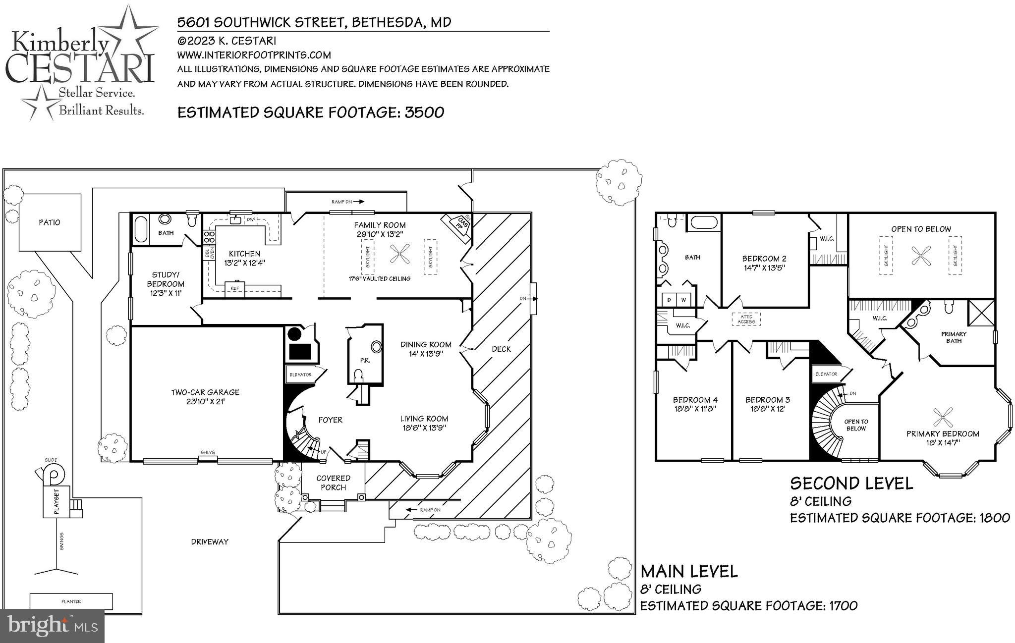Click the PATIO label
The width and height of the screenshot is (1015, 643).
click(x=50, y=222)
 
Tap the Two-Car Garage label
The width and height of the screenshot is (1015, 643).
click(x=205, y=397)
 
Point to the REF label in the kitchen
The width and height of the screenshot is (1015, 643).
click(x=234, y=288)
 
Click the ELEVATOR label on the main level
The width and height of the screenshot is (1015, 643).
click(x=300, y=375)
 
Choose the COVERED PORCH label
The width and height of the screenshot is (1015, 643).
click(x=333, y=482)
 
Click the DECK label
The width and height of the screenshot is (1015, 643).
click(x=501, y=349)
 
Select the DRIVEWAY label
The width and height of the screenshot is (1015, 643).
click(x=210, y=541)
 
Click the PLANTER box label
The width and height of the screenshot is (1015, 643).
click(x=71, y=601)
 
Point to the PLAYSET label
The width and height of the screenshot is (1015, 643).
click(x=56, y=502)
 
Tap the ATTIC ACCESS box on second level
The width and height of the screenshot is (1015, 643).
click(x=746, y=319)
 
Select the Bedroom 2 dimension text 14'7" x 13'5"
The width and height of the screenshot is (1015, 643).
click(x=764, y=268)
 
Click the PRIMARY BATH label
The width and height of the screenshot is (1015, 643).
click(x=954, y=337)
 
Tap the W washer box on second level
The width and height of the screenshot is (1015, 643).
click(x=683, y=300)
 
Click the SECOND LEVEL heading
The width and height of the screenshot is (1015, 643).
click(x=850, y=483)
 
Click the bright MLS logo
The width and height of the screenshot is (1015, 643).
click(x=52, y=626)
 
